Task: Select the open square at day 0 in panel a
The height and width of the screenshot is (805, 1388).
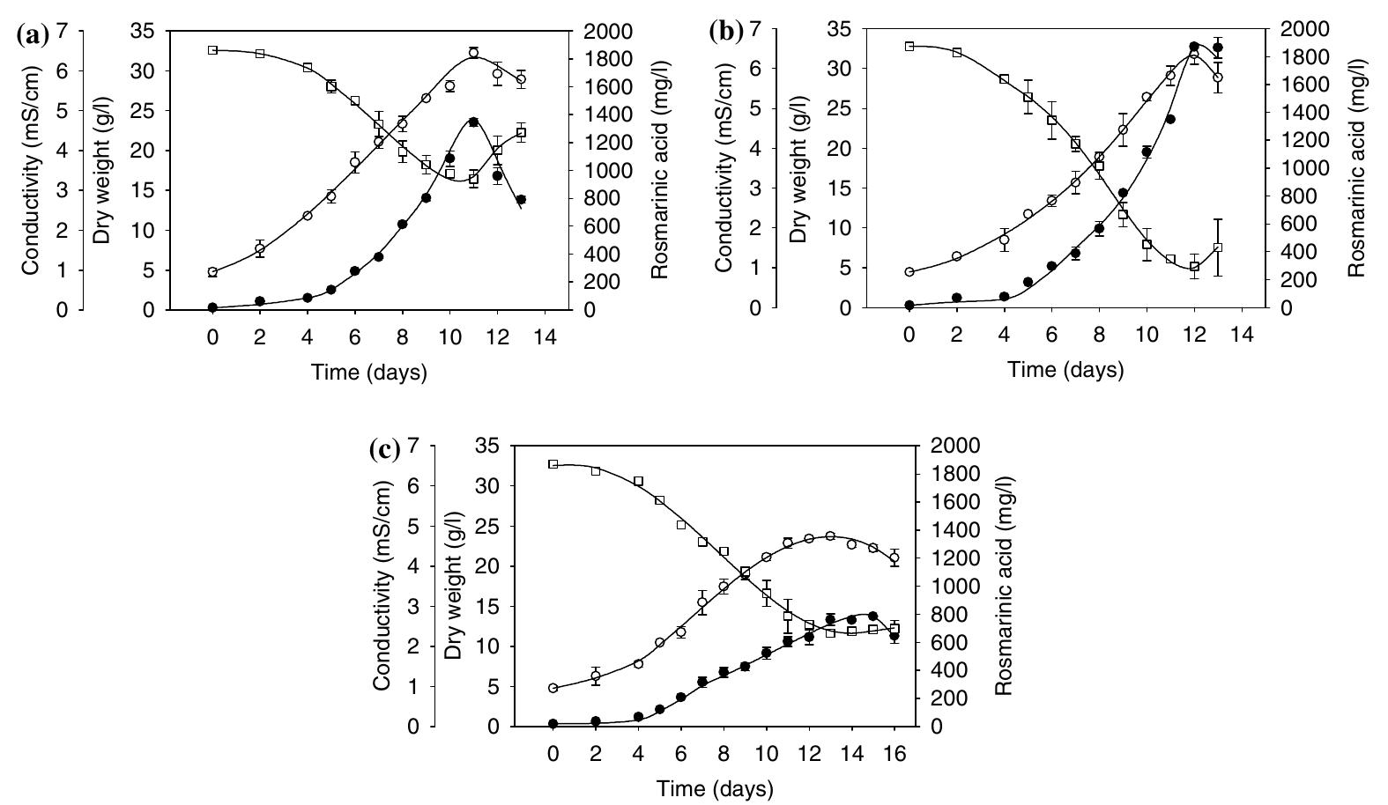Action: coord(212,50)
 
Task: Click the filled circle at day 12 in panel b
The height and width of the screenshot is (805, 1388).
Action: coord(1194,47)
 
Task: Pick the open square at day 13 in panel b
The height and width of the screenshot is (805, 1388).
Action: coord(1218,247)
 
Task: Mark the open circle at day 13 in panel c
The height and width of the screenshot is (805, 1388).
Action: coord(830,535)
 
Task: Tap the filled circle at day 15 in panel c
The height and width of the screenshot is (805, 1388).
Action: coord(872,616)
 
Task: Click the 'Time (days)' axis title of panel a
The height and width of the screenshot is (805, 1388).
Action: coord(369,373)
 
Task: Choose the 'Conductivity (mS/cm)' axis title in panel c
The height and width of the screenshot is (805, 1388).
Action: coord(382,586)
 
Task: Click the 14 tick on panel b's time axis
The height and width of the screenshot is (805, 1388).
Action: coord(1241,336)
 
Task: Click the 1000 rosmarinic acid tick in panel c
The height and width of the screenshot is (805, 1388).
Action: coord(952,587)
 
